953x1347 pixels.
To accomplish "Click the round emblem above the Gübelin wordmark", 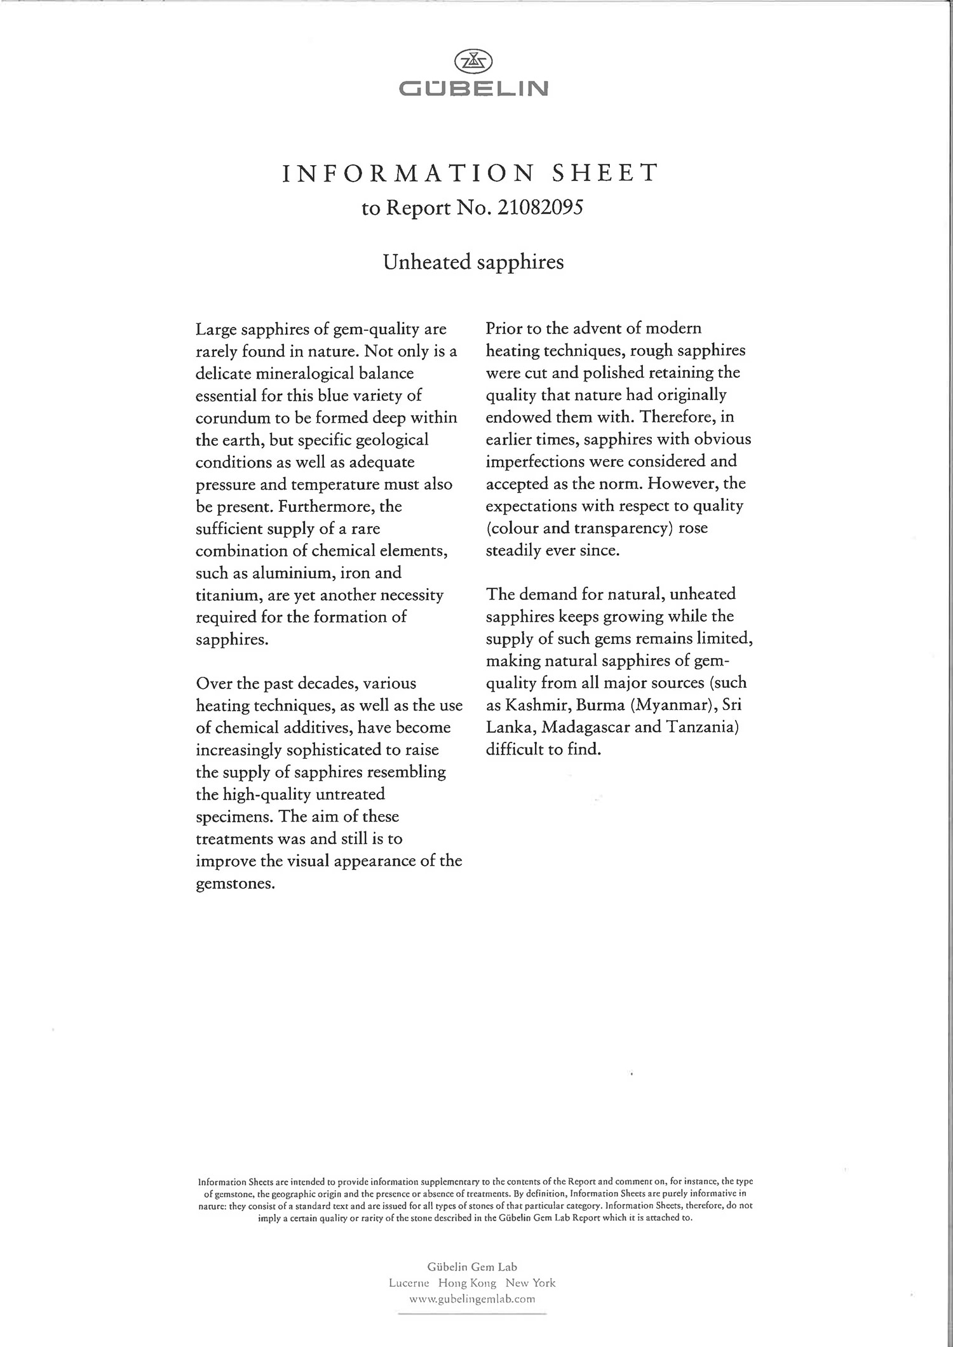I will [474, 62].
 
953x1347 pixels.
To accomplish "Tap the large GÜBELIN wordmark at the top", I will [474, 88].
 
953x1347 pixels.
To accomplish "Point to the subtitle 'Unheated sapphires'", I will [473, 262].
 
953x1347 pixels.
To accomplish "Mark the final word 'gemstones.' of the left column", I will [235, 883].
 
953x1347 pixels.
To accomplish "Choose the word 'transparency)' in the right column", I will [623, 528].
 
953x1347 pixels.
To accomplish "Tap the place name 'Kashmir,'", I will [537, 705].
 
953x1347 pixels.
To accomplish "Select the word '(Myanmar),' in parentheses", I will [673, 705].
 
